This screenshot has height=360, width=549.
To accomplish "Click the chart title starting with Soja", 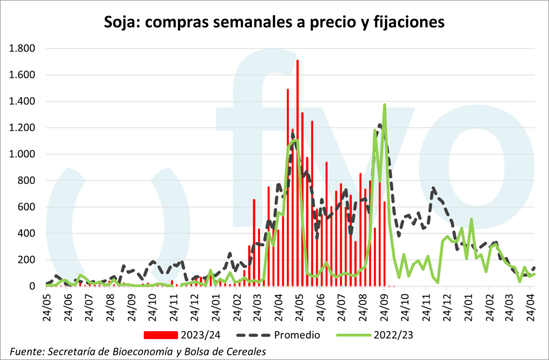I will pos(274,22).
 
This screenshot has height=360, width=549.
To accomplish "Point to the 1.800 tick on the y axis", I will pos(21,49).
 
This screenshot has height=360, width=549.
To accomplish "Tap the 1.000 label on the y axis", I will pos(21,155).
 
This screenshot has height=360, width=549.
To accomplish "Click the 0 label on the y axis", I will pos(32,286).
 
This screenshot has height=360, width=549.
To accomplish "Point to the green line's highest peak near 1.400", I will pos(384,105).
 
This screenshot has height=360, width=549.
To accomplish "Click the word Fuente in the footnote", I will pos(27,351).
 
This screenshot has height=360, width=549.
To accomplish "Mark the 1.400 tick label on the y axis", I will pos(21,101).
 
